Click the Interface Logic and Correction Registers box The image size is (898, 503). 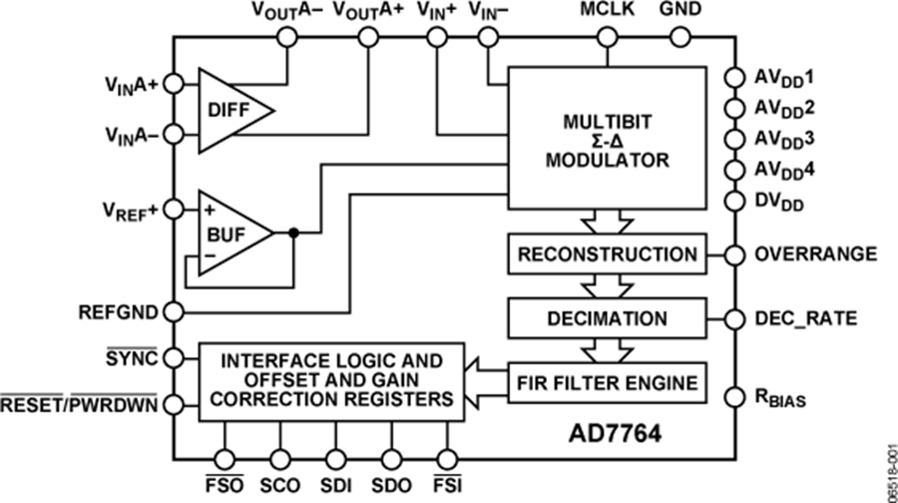(331, 381)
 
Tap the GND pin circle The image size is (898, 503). (680, 38)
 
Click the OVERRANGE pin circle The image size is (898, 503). (735, 254)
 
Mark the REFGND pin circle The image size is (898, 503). (174, 311)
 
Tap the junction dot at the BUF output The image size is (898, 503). (293, 234)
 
